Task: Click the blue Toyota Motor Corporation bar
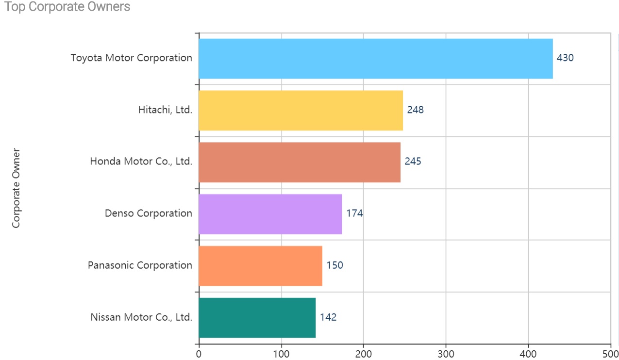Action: tap(375, 58)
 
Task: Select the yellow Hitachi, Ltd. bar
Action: tap(301, 110)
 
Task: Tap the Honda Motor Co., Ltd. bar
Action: tap(299, 162)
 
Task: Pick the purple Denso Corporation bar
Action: tap(270, 214)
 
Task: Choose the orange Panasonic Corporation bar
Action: tap(260, 266)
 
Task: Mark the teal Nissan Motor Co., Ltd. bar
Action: tap(257, 318)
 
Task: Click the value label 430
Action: tap(565, 58)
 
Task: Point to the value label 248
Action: tap(415, 110)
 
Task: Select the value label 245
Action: tap(413, 162)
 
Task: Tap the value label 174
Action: tap(354, 213)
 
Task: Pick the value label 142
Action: tap(328, 317)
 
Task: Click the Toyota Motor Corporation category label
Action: tap(131, 58)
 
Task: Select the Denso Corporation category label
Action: tap(149, 213)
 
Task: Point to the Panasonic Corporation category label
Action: tap(140, 265)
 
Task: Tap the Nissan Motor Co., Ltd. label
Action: tap(141, 318)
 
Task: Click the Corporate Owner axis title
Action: tap(17, 188)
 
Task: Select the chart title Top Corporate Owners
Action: tap(67, 7)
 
